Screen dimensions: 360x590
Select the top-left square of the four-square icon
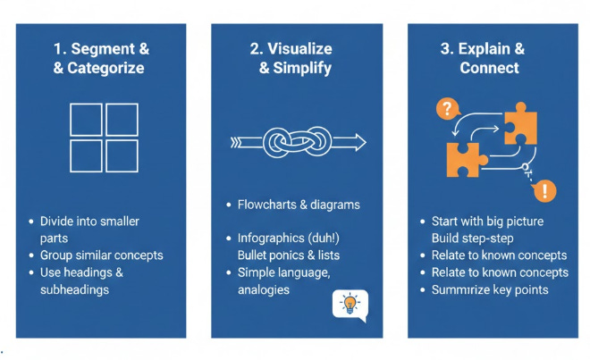[86, 119]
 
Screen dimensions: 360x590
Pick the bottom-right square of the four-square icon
[122, 155]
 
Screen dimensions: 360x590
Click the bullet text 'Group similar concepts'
[102, 255]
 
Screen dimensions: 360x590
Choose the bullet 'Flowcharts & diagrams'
[299, 205]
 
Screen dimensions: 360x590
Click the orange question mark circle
[444, 109]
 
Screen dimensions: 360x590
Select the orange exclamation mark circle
[544, 189]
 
